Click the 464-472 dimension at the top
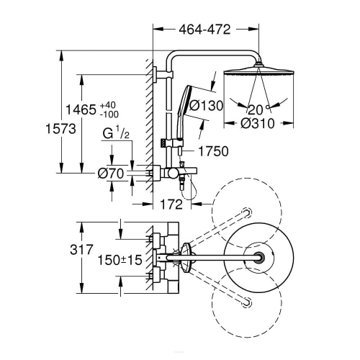(x=204, y=30)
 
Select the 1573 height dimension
(x=60, y=129)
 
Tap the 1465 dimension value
(x=81, y=109)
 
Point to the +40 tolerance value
(x=108, y=105)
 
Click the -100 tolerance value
(x=109, y=114)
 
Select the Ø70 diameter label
(x=111, y=174)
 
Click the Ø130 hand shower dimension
(x=207, y=106)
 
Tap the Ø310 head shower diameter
(x=258, y=123)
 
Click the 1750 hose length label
(x=214, y=151)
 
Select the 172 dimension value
(x=171, y=204)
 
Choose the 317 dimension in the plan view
(x=81, y=250)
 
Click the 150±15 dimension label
(x=120, y=260)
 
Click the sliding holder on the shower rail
(x=171, y=143)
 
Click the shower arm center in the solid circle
(x=258, y=258)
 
